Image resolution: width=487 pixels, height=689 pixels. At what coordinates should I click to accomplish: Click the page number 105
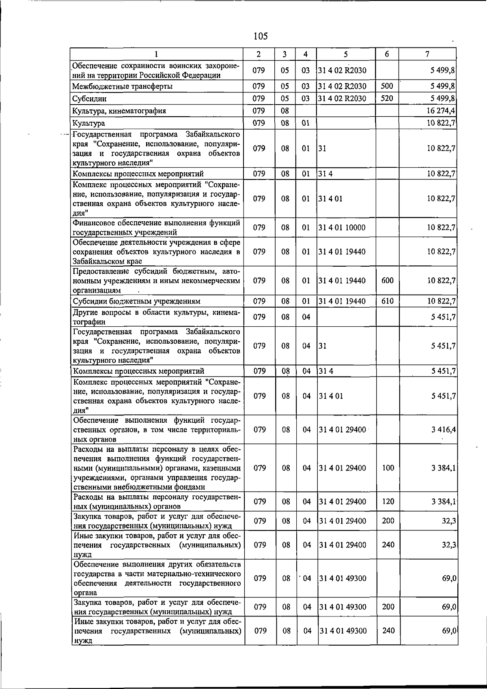coord(261,36)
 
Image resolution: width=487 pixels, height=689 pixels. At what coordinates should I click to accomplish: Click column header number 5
coord(345,54)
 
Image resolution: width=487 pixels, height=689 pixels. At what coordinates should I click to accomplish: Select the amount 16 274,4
coord(441,111)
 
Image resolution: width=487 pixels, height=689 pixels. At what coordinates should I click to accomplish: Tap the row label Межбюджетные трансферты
coord(122,86)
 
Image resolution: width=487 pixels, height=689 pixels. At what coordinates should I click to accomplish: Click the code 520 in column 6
coord(387,98)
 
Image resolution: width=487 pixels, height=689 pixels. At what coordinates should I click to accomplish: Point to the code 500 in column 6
coord(387,86)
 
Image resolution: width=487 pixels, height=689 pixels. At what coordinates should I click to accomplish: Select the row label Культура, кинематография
coord(119,111)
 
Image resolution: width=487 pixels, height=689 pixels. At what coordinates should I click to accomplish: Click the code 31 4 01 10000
coord(342,227)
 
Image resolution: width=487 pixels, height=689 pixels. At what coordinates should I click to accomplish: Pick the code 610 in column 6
coord(387,301)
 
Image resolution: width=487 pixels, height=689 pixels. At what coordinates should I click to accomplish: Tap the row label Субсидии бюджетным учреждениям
coord(136,301)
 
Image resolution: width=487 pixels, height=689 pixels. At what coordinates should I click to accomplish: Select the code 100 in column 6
coord(388,468)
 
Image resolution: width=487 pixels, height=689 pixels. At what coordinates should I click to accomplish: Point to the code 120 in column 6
coord(388,501)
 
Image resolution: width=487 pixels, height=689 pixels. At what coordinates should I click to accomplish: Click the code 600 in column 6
coord(387,280)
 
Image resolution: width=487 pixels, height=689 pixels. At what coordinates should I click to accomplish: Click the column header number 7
coord(427,54)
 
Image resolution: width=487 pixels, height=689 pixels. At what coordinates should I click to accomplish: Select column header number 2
coord(259,54)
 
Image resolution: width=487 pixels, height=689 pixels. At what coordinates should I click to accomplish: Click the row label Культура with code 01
coord(88,123)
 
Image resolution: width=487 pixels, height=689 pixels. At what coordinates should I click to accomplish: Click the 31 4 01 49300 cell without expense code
coord(343,578)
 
